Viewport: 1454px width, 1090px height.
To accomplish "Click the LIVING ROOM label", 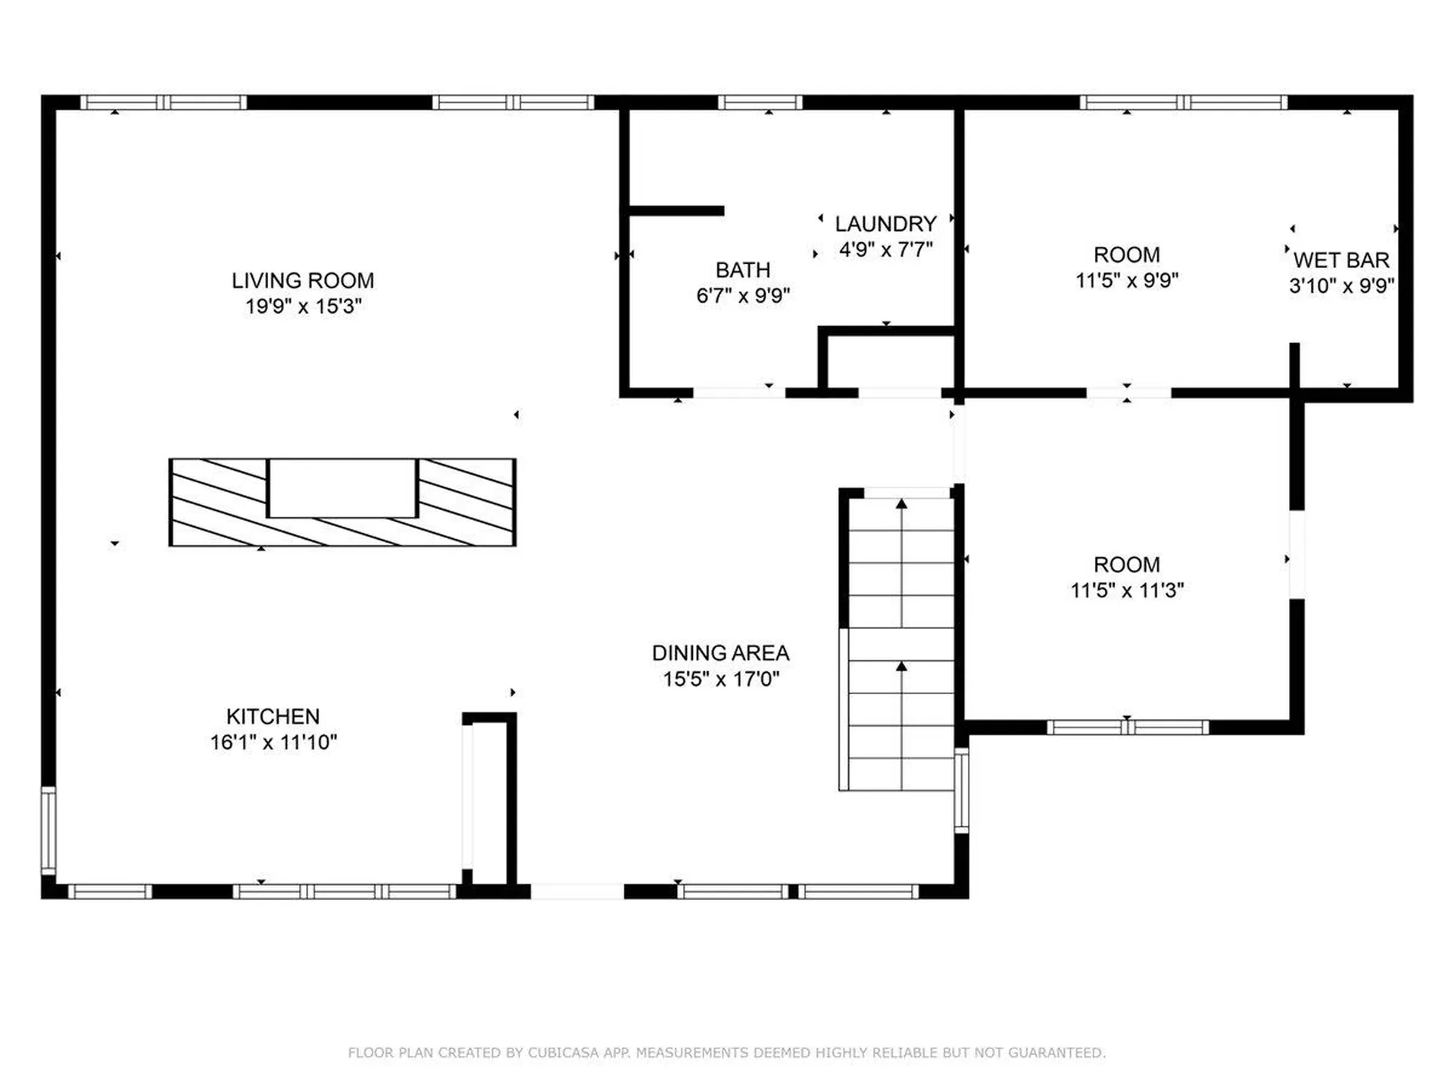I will click(x=302, y=281).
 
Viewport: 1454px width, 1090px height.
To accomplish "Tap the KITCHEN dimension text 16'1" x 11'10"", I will click(x=273, y=743).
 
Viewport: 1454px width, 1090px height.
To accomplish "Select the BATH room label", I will click(x=742, y=270).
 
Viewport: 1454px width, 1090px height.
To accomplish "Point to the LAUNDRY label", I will click(x=885, y=224).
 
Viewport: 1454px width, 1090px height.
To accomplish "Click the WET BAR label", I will click(x=1341, y=260).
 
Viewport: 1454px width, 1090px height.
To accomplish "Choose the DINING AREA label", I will click(x=720, y=653).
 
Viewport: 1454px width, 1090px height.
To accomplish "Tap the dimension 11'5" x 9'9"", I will click(x=1126, y=281).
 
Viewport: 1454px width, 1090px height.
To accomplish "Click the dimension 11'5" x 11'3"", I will click(x=1126, y=590).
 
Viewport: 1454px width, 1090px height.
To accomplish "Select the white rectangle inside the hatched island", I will click(x=342, y=488).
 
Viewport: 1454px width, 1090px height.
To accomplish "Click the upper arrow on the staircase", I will click(x=901, y=504).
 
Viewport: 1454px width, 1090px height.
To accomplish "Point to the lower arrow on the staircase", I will click(x=901, y=667).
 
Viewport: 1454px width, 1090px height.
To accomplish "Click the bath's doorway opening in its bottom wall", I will click(x=738, y=393).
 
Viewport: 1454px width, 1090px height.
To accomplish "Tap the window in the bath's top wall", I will click(x=760, y=102).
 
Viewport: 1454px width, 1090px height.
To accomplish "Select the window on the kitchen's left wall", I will click(x=48, y=830).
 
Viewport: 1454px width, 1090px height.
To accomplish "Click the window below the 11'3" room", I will click(x=1128, y=727).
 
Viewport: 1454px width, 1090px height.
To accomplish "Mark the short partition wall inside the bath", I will click(x=676, y=211).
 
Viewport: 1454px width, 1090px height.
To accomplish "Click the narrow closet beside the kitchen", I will click(x=489, y=802).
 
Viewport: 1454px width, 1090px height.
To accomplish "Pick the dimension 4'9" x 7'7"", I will click(x=885, y=250).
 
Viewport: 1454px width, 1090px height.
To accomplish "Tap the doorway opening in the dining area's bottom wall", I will click(x=577, y=892).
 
